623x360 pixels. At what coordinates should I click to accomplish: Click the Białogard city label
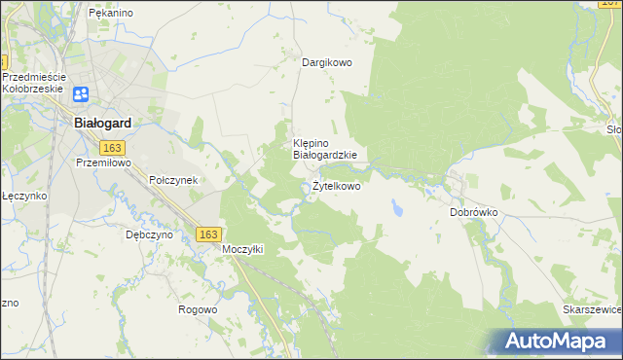click(103, 124)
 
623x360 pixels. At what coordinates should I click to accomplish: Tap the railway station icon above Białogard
click(81, 94)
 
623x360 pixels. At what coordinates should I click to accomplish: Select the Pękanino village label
click(110, 13)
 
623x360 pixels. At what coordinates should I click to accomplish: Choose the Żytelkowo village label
click(336, 186)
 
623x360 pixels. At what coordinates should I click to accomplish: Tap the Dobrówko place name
click(474, 211)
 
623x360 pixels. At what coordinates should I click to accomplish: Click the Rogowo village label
click(198, 309)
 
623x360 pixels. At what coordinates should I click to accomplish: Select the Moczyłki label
click(242, 249)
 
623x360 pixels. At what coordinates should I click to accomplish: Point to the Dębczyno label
click(149, 234)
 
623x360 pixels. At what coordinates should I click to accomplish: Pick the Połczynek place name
click(173, 180)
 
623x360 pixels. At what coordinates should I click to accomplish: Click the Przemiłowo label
click(103, 163)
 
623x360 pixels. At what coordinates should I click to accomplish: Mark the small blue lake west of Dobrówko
click(398, 207)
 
